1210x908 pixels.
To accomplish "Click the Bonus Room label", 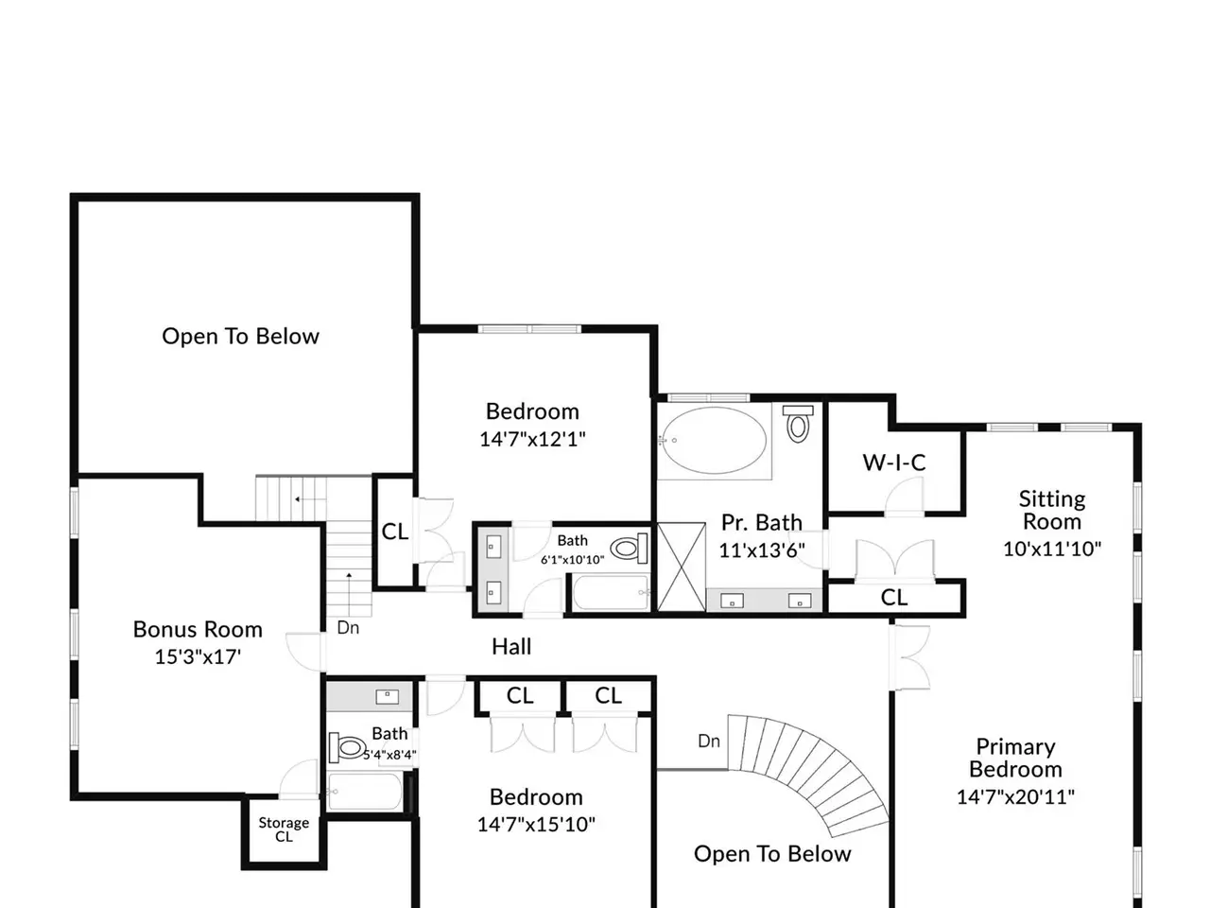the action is click(198, 630).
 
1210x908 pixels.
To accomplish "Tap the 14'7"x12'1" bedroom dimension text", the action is click(532, 440).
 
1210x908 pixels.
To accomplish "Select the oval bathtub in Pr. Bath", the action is click(714, 440).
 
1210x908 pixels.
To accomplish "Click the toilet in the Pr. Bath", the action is click(798, 424).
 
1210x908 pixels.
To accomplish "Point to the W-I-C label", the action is click(894, 463).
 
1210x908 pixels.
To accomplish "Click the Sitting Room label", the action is click(1052, 510).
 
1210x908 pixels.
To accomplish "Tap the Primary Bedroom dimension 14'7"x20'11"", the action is click(1015, 797).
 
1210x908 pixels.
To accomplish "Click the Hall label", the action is click(511, 647).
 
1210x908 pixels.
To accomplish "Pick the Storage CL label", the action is click(284, 829).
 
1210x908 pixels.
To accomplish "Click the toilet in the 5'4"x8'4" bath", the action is click(347, 747).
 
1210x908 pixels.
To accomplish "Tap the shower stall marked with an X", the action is click(682, 567).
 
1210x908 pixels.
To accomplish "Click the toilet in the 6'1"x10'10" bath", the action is click(630, 548).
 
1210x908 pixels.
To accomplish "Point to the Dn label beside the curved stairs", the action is click(708, 741).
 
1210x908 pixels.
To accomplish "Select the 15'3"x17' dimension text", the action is click(198, 657).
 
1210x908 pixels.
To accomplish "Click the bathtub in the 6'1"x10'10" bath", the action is click(612, 593).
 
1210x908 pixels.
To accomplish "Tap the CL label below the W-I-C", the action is click(893, 598).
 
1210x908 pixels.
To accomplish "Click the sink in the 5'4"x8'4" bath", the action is click(387, 696).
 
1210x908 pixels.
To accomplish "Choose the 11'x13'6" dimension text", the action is click(762, 550).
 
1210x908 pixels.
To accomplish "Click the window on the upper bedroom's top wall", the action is click(529, 329).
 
